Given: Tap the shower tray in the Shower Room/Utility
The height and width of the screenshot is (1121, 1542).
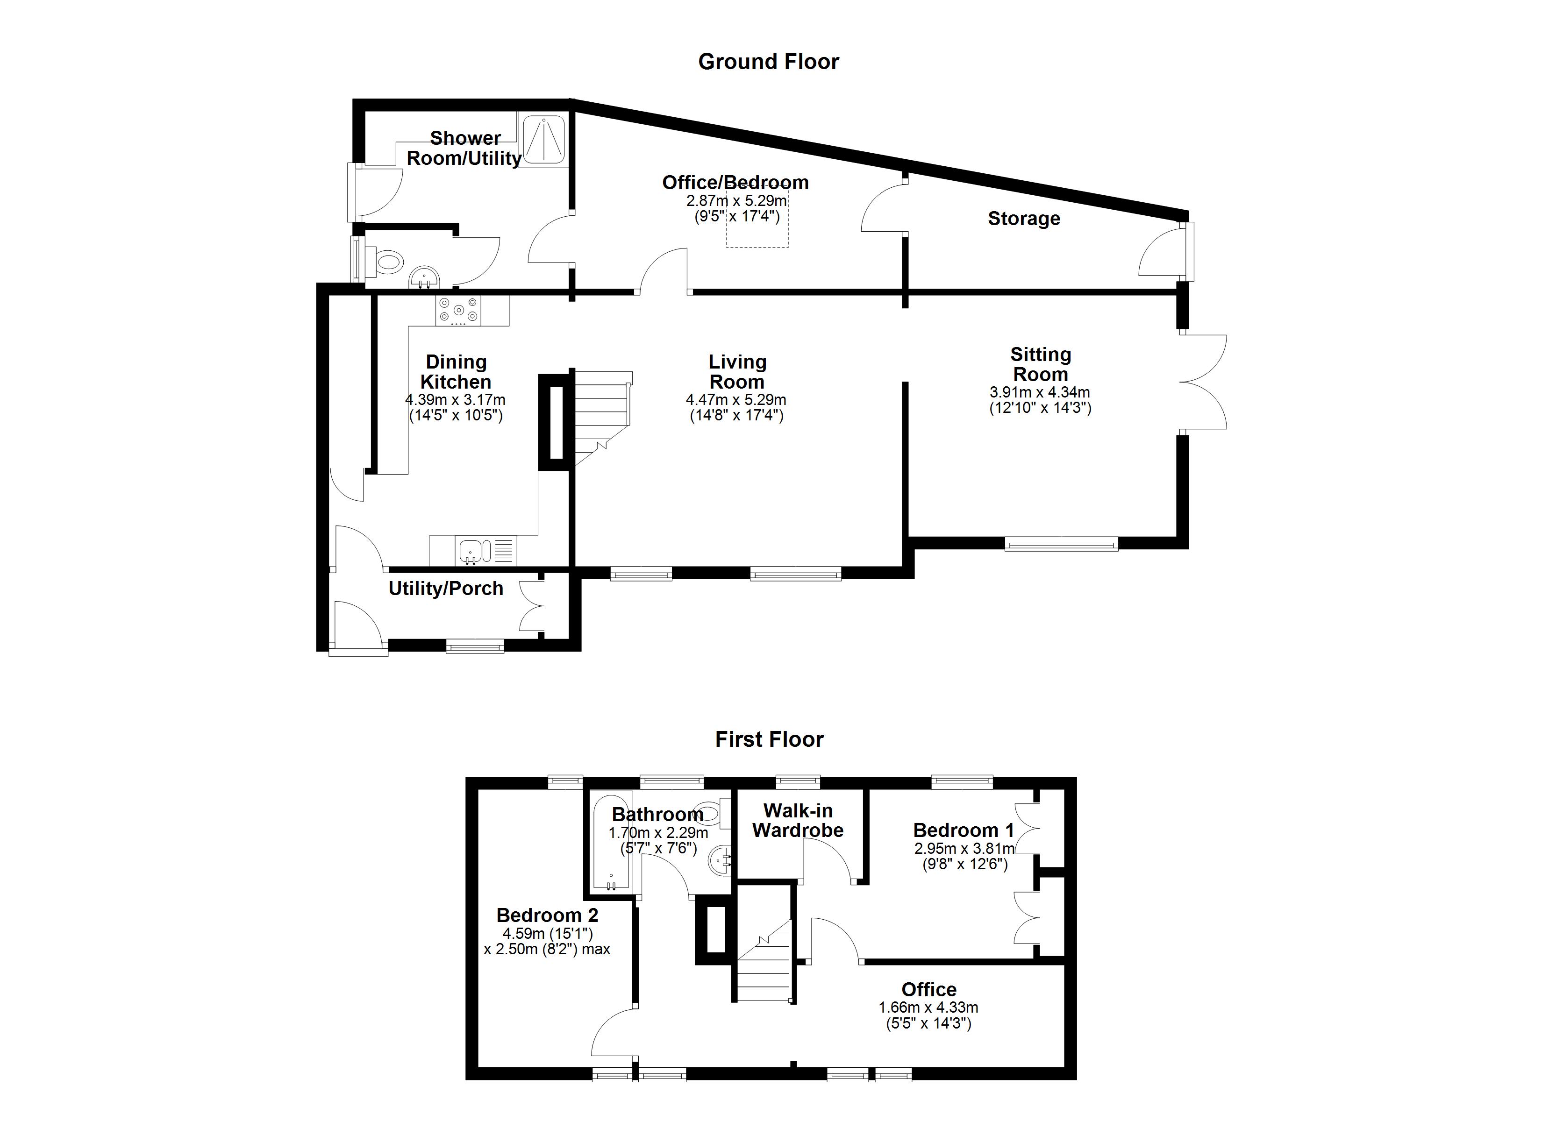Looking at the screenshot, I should (544, 140).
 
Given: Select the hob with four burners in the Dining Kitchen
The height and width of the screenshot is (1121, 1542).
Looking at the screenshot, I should (459, 311).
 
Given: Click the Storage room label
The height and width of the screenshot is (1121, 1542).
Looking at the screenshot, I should (1023, 219).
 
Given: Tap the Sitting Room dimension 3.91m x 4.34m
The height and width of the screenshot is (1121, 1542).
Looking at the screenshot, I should (1040, 392).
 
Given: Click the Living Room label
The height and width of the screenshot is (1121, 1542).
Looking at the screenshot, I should (737, 372).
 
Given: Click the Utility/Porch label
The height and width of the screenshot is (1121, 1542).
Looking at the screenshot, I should (446, 589).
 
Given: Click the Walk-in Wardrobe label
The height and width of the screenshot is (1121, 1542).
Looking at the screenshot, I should (798, 821).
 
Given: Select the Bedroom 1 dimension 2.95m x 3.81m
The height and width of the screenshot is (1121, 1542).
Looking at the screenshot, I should (964, 848).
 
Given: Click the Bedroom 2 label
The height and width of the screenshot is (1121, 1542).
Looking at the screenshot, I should (547, 915).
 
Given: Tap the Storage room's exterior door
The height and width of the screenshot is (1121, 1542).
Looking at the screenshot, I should (1164, 252).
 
